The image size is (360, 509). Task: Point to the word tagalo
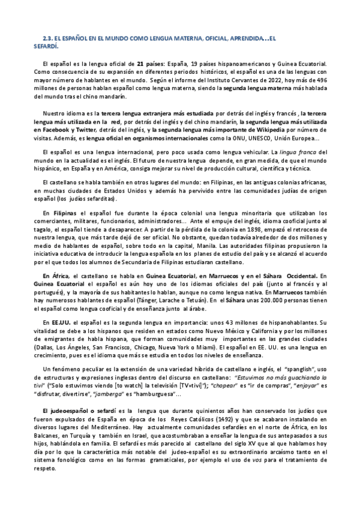[44, 236]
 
